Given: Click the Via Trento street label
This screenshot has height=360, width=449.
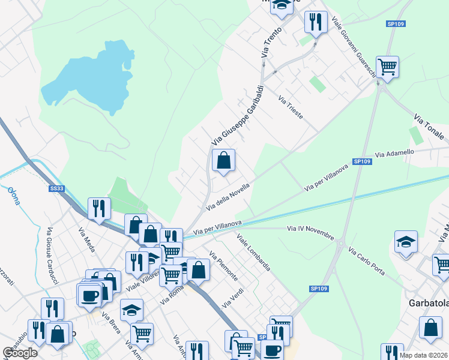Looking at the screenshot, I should (267, 44).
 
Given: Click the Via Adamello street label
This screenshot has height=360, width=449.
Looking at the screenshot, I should (394, 154).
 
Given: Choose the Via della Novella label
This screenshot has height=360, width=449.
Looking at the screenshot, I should (228, 196).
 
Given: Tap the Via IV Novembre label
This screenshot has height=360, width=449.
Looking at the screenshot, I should (310, 232).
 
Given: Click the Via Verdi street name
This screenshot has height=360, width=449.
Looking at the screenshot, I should (231, 298).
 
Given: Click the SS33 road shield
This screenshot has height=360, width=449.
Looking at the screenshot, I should (56, 188).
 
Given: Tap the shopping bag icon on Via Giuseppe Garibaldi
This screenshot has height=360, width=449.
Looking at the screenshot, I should (223, 160).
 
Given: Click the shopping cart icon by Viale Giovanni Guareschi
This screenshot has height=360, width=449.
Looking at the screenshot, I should (387, 67).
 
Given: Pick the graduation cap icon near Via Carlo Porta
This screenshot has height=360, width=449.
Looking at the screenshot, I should (406, 242).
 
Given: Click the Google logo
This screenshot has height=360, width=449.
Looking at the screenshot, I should (20, 353).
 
